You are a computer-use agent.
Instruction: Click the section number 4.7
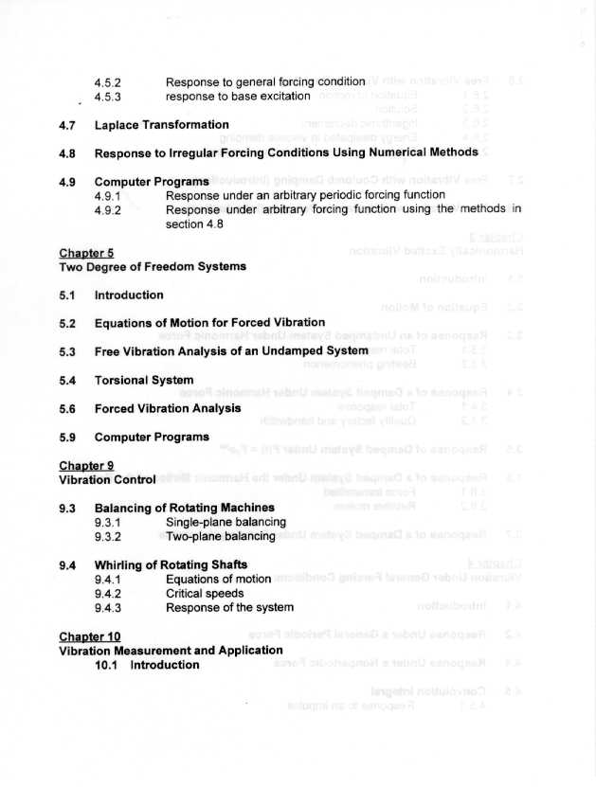pos(66,125)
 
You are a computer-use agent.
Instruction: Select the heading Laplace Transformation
pos(161,125)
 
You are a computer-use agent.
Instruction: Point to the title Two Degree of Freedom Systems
pos(153,267)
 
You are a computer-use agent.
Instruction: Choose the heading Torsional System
pos(144,380)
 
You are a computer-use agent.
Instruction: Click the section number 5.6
pos(66,408)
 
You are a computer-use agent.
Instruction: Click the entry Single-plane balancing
pos(226,522)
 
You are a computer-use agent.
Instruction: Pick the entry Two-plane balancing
pos(220,536)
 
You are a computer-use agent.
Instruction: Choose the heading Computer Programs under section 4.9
pos(152,181)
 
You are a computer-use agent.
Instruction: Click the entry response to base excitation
pos(238,97)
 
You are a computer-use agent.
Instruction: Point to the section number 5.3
pos(66,351)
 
